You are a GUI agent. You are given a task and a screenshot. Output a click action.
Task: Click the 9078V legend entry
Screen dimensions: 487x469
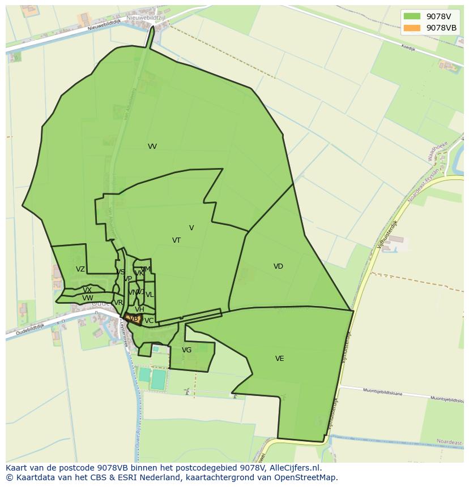(x=430, y=16)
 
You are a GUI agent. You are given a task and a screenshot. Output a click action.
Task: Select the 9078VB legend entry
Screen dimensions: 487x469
(x=430, y=28)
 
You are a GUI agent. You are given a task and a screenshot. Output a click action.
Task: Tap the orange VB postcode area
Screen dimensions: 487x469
(x=134, y=319)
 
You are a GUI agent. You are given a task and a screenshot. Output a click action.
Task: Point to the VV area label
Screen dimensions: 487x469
(x=152, y=146)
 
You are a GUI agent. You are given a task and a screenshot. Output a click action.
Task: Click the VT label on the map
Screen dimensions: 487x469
(x=176, y=240)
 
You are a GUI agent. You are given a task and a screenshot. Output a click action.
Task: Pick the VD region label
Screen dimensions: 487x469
(x=278, y=266)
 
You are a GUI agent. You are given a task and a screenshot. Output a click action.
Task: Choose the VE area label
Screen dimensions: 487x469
(x=279, y=359)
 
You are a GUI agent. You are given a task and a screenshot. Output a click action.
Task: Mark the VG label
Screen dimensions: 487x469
(x=186, y=350)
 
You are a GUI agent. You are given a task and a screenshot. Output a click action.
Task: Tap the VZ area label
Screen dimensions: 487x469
(x=80, y=270)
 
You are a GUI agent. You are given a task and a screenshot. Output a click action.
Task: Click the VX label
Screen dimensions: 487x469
(x=87, y=290)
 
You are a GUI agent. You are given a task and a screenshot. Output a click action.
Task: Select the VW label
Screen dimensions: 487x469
(x=87, y=298)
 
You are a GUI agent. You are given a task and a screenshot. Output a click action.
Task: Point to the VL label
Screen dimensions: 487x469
(x=150, y=295)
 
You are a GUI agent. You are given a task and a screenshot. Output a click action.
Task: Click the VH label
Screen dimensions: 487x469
(x=139, y=309)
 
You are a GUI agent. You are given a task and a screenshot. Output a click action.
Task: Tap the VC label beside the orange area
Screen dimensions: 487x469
(x=149, y=321)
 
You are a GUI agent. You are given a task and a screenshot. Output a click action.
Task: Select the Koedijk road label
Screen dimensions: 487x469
(x=408, y=49)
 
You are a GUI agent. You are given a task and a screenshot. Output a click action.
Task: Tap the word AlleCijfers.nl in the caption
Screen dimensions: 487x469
(x=295, y=468)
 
